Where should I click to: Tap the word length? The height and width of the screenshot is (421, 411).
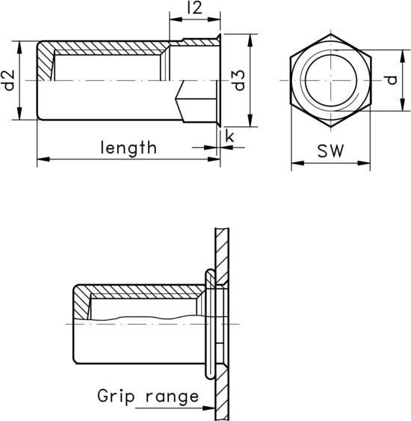click(x=129, y=147)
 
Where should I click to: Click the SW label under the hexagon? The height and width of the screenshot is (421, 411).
click(x=330, y=151)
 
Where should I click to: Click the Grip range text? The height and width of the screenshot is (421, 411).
click(x=148, y=396)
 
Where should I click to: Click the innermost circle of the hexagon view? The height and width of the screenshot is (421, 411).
click(x=330, y=80)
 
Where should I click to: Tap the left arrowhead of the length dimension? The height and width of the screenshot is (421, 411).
click(x=41, y=158)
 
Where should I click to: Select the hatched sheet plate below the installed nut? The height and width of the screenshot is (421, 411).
click(x=222, y=396)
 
